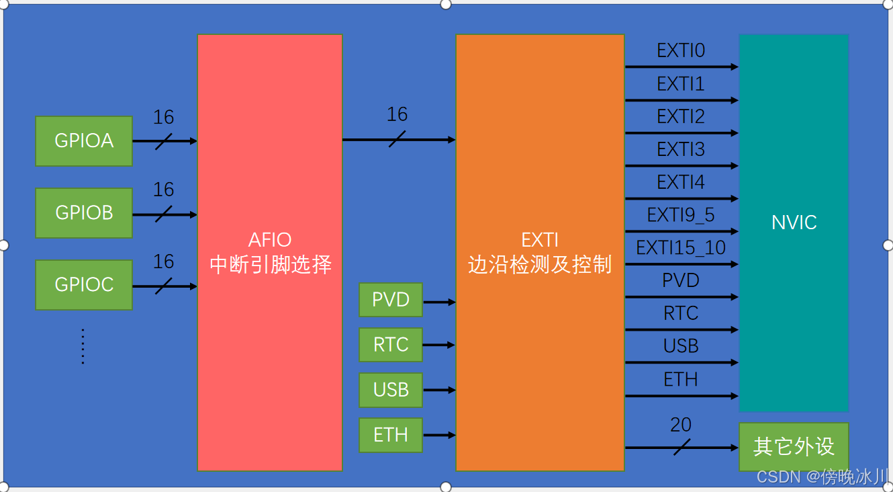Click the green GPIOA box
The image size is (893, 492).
click(84, 140)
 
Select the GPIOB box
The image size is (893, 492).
click(84, 213)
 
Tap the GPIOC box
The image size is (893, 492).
click(84, 285)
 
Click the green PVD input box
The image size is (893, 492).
click(391, 300)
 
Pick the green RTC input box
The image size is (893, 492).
click(391, 345)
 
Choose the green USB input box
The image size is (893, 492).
click(391, 390)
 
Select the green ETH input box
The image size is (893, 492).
click(391, 435)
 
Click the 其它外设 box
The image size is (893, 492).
click(794, 447)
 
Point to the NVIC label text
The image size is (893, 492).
click(794, 222)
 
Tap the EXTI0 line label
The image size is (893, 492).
click(681, 51)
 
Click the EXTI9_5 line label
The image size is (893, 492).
click(681, 215)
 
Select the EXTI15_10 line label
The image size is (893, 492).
click(681, 248)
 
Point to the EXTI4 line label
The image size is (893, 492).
click(681, 182)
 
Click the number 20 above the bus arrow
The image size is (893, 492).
click(681, 425)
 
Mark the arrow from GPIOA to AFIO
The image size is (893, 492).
click(164, 141)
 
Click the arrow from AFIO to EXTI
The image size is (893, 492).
click(399, 140)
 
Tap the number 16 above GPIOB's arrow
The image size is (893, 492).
click(163, 190)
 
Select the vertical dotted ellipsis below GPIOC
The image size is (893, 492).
click(83, 346)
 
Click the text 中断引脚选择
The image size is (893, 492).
click(271, 265)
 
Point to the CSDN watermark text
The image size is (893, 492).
click(822, 477)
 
